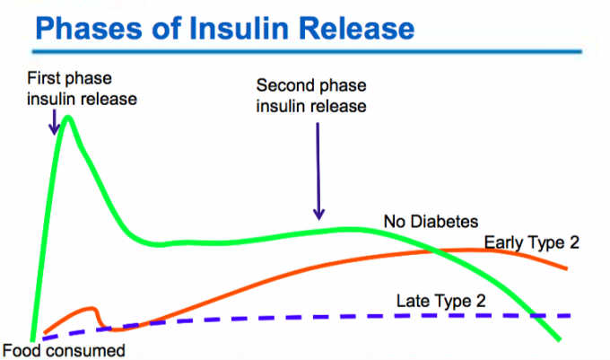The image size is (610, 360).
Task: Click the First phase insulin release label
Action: click(x=83, y=88)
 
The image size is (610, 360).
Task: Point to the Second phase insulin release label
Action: click(x=312, y=95)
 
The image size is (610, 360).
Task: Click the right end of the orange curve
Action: click(x=566, y=268)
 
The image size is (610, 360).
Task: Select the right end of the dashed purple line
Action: click(x=569, y=316)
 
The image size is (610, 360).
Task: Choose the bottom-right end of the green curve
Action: click(x=559, y=339)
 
